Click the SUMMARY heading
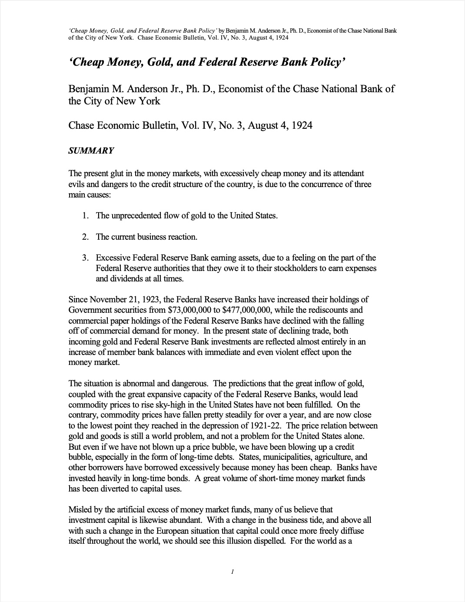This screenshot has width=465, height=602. (x=91, y=151)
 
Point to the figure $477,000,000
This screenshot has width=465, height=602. (x=247, y=310)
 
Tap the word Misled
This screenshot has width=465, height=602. (x=80, y=509)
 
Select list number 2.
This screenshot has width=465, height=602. (x=86, y=237)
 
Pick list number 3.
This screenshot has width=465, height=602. (x=86, y=258)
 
